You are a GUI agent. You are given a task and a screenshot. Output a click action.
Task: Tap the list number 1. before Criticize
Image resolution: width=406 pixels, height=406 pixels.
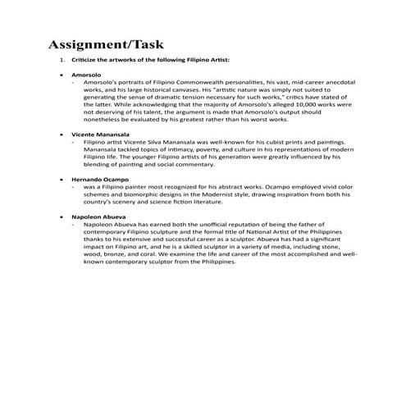pos(62,60)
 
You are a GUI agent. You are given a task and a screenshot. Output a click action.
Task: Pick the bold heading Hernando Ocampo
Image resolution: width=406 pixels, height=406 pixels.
pos(101,176)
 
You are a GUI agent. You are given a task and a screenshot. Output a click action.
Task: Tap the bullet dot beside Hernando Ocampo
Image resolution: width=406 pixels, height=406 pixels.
pos(63,176)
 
